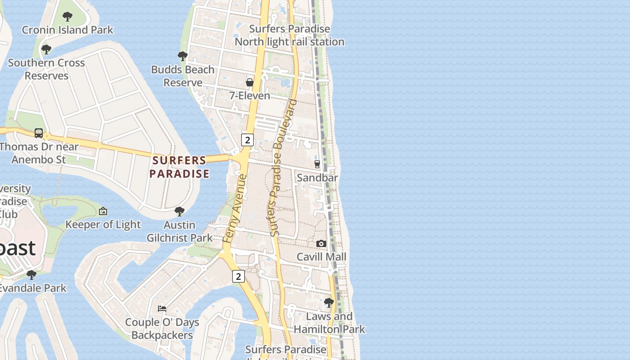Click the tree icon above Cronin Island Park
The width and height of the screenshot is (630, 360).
pos(67,17)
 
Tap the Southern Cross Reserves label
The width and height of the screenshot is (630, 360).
pos(46,69)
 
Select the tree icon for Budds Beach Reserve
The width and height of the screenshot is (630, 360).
pos(182,56)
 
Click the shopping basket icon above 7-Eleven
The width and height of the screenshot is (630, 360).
pos(249,82)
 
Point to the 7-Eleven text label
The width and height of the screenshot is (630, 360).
pos(249,95)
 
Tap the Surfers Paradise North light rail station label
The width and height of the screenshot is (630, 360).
pos(289,36)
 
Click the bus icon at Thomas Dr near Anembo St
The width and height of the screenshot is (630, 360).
pos(39,133)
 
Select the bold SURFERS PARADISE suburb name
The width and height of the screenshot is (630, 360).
pos(179,167)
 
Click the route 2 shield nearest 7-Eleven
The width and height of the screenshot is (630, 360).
pos(247,140)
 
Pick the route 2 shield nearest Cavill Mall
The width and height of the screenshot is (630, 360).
pos(238,276)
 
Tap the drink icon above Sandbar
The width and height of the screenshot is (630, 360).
pos(317,164)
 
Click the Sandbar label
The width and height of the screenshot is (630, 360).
pos(317,178)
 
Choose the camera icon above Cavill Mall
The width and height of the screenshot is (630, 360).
pos(321,243)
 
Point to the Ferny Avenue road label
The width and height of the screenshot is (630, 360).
pos(235,209)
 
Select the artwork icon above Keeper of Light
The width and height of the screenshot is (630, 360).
pos(103,211)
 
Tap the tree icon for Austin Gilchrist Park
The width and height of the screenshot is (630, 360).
pos(179,211)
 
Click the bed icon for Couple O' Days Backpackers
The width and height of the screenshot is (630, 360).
pos(162,309)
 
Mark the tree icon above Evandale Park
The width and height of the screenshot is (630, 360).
pos(31,274)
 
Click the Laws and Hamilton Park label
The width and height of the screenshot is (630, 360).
pos(329,323)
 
